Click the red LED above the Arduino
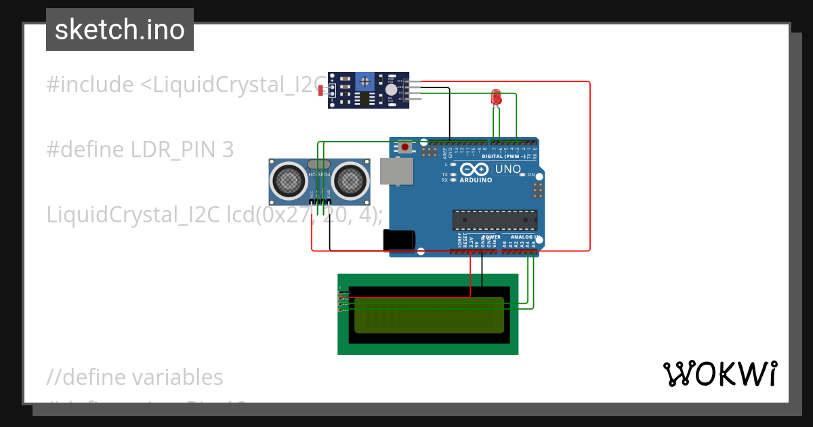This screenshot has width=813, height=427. (x=496, y=97)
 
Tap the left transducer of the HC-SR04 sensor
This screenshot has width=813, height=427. (x=289, y=180)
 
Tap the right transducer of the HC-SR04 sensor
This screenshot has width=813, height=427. (x=350, y=180)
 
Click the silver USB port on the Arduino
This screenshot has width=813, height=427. (x=397, y=171)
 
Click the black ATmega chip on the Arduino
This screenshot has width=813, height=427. (x=495, y=220)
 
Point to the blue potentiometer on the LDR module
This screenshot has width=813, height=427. (x=366, y=81)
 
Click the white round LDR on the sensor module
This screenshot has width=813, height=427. (x=391, y=89)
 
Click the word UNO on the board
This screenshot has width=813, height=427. (x=507, y=169)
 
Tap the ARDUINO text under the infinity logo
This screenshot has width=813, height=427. (x=476, y=180)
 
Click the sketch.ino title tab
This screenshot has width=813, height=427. (x=120, y=30)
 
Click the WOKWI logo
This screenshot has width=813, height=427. (x=720, y=373)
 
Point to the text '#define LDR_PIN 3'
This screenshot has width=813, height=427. (x=140, y=149)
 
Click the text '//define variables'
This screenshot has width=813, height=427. (x=134, y=377)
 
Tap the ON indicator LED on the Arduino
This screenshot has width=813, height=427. (x=522, y=175)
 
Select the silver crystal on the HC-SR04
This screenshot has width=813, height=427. (x=319, y=164)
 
